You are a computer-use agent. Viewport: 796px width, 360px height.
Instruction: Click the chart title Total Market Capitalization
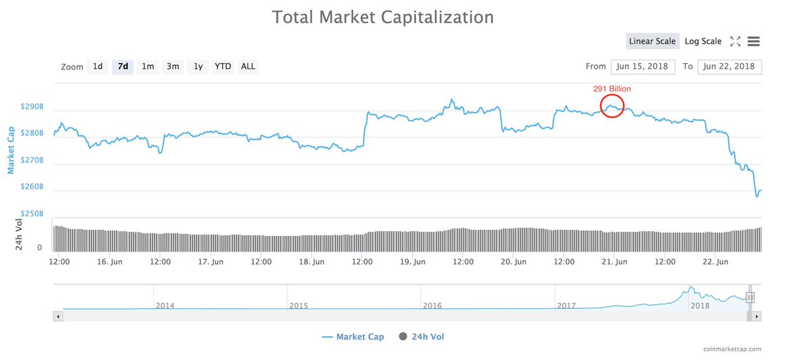coord(383,17)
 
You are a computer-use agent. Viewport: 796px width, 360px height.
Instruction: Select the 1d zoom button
coord(98,66)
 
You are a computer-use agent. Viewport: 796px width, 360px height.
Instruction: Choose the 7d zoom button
coord(123,66)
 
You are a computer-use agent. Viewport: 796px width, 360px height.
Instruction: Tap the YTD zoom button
coord(223,66)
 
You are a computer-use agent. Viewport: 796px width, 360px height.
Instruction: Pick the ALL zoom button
coord(248,66)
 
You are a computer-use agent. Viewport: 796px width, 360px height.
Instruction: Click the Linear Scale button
coord(652,41)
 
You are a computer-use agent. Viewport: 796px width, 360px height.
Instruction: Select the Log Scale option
coord(702,41)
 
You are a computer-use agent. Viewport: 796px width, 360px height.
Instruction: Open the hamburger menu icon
coord(753,41)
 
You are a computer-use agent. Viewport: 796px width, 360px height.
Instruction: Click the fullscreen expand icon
coord(735,41)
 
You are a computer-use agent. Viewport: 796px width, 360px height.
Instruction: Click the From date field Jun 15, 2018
coord(643,66)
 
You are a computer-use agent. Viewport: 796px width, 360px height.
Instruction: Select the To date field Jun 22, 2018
coord(729,66)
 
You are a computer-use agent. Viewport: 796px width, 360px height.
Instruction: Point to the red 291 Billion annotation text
coord(612,88)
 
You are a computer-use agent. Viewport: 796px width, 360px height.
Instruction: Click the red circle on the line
coord(612,106)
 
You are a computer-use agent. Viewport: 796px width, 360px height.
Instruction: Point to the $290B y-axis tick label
coord(32,106)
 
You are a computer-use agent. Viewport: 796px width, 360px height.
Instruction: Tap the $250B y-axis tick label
coord(32,214)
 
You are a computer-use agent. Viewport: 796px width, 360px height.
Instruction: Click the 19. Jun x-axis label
coord(413,262)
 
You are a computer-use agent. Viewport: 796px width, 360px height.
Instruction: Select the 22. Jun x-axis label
coord(716,262)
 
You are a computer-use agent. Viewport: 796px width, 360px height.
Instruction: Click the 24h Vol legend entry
coord(421,337)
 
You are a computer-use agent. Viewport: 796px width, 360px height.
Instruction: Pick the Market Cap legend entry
coord(353,337)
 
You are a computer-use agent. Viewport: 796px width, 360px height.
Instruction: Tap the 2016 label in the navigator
coord(432,306)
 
